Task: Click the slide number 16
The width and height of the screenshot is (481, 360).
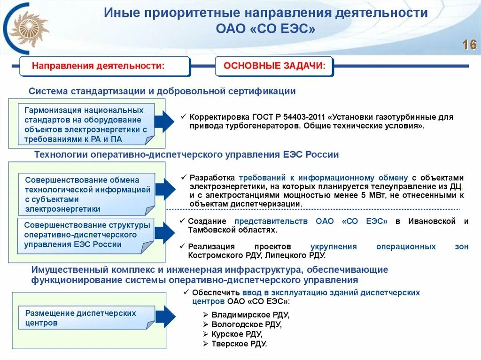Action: [x=469, y=45]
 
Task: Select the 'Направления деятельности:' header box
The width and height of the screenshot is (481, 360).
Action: [x=104, y=66]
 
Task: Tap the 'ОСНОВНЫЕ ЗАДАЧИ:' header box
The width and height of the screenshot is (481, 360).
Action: [x=274, y=66]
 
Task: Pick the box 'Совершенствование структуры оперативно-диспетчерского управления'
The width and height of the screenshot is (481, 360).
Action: [x=87, y=235]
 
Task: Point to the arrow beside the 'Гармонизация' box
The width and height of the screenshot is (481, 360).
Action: [x=164, y=123]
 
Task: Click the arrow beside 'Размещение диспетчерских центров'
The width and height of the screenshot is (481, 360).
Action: [x=165, y=317]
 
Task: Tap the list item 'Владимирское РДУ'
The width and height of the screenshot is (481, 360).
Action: [x=250, y=314]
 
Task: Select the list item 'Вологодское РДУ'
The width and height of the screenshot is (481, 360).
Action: [x=246, y=324]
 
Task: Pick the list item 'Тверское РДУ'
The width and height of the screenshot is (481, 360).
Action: [x=239, y=344]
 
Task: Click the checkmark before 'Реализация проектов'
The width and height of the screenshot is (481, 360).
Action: [x=183, y=246]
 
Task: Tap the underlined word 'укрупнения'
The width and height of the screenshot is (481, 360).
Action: [x=334, y=246]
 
